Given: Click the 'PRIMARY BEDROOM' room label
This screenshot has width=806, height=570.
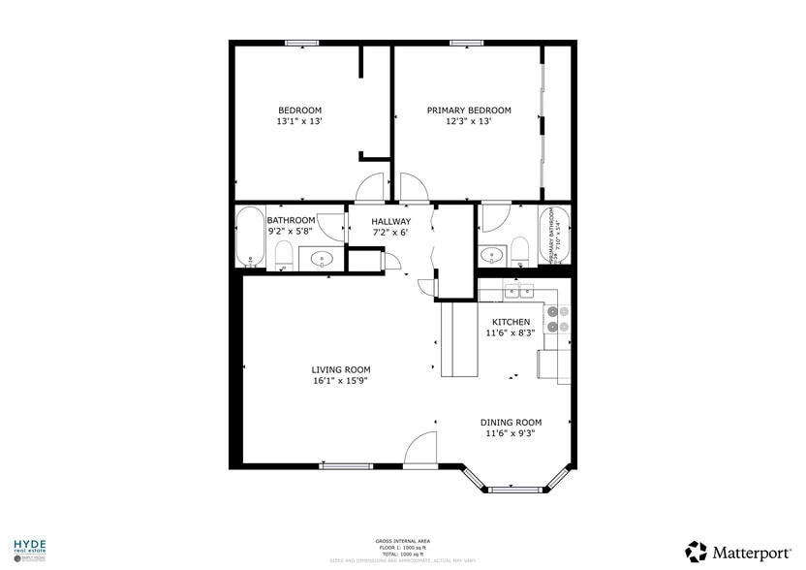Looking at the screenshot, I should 469,111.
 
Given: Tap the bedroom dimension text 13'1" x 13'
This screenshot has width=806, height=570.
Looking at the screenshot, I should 299,122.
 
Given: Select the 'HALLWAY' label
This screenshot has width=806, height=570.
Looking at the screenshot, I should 391,221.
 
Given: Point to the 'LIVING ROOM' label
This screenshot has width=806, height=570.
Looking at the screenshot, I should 340,369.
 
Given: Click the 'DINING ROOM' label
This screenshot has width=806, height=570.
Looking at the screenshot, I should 511,423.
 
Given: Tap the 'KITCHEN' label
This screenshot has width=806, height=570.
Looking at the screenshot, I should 511,322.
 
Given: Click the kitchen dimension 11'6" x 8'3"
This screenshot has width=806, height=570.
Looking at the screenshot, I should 511,333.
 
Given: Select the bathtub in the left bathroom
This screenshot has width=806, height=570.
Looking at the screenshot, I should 250,238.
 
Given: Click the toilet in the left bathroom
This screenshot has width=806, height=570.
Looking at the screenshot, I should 284,256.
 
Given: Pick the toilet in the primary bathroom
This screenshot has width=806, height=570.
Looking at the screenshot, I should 520,253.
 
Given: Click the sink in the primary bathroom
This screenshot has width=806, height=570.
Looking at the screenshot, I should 493,256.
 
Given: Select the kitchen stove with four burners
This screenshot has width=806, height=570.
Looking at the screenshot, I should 557,320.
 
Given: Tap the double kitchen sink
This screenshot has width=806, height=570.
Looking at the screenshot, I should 519,290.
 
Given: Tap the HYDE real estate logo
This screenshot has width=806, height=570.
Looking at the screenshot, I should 29,550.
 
